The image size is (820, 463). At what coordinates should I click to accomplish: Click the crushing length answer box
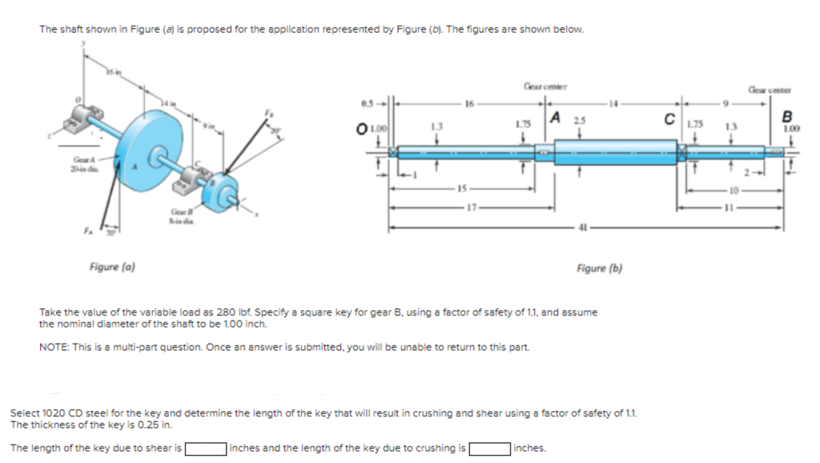pyautogui.click(x=490, y=448)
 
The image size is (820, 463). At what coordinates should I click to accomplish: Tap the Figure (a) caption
pyautogui.click(x=111, y=267)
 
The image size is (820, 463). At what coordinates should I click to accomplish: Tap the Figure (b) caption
pyautogui.click(x=599, y=268)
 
